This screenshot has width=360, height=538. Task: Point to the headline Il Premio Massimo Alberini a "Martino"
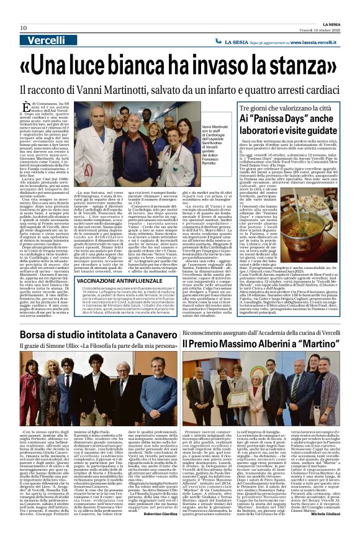coord(271,343)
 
